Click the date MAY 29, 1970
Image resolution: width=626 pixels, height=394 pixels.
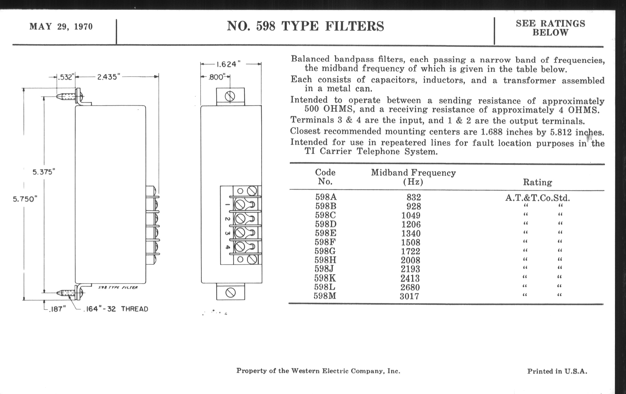tap(61, 27)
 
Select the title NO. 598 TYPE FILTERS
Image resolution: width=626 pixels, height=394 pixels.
tap(305, 26)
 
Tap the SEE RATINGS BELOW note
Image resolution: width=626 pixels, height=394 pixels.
tap(550, 28)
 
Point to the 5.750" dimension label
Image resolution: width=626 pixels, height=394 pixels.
tap(25, 199)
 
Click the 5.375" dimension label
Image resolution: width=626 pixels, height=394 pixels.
tap(44, 172)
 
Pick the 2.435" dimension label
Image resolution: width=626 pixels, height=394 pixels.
tap(108, 77)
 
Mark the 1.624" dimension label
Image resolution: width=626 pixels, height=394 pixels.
tap(228, 64)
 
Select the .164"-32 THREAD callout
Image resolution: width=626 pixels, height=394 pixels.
tap(116, 309)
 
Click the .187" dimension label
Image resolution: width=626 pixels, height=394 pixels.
tap(57, 309)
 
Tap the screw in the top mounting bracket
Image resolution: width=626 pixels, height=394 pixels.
tap(230, 97)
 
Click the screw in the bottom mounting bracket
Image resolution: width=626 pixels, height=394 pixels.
tap(231, 293)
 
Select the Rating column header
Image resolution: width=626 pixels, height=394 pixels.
tap(537, 182)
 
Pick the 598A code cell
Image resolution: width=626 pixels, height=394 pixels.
tap(326, 197)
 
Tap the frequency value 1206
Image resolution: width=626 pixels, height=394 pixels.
tap(411, 224)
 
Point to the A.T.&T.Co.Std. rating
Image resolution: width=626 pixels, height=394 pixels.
tap(537, 198)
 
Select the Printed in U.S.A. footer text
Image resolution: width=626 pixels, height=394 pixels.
tap(557, 371)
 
